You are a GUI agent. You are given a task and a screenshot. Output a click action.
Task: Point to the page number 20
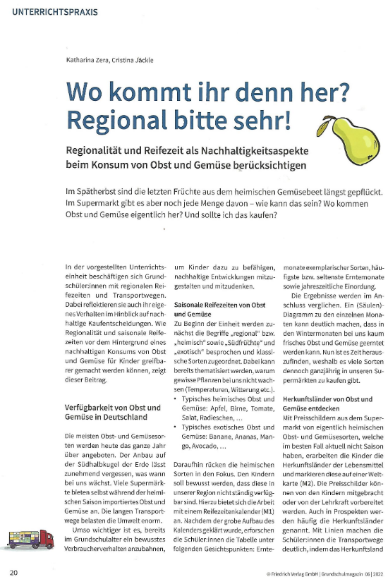click(14, 572)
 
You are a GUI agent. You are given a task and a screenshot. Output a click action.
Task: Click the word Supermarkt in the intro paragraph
click(101, 204)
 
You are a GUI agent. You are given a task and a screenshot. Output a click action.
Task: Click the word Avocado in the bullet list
click(205, 447)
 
